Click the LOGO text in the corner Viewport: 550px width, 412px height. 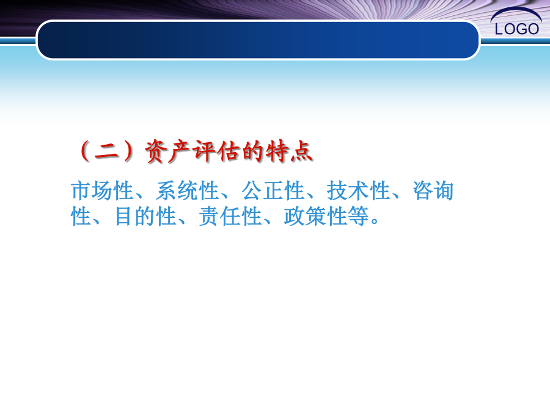(516, 29)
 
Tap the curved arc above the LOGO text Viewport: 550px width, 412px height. (516, 9)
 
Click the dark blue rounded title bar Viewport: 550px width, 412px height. (258, 40)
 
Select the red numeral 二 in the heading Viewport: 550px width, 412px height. (106, 152)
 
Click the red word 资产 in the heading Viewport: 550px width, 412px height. (167, 152)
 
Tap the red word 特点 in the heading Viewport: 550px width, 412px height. (289, 151)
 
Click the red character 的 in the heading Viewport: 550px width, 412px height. (252, 151)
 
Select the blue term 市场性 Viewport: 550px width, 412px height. (102, 191)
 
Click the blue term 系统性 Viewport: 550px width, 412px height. (188, 191)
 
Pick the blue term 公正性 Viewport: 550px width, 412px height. (273, 191)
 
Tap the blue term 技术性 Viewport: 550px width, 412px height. (358, 191)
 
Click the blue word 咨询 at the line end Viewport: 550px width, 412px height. (433, 191)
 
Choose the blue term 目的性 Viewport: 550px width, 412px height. (145, 216)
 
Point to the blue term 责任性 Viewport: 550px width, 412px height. (230, 216)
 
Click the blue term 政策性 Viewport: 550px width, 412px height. (315, 216)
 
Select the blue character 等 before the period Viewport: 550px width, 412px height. (358, 216)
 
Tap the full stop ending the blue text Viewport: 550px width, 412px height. (375, 221)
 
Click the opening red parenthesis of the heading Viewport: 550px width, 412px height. (84, 151)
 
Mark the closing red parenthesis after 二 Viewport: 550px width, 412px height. (129, 151)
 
